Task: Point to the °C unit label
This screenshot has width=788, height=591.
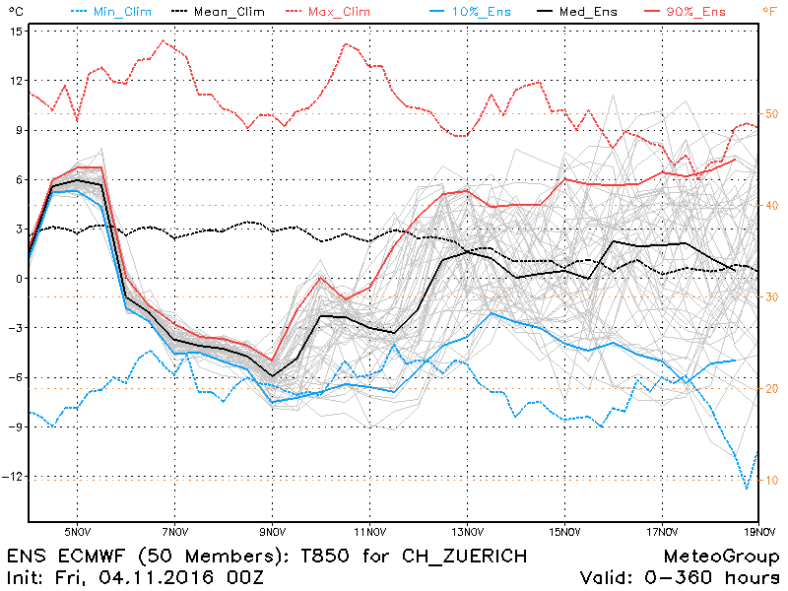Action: click(14, 11)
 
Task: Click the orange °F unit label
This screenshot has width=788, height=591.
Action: click(769, 11)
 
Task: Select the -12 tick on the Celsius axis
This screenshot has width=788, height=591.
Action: click(12, 477)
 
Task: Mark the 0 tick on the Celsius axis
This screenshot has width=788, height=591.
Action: click(19, 279)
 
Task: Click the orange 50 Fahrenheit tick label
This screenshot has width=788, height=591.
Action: click(771, 114)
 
